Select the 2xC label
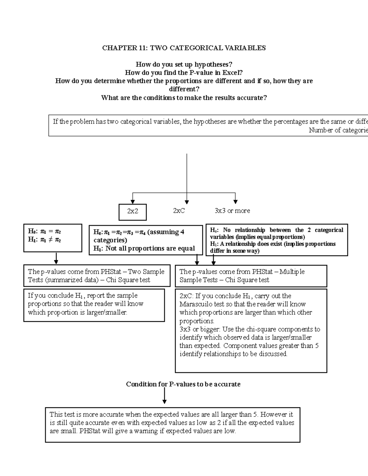coord(179,211)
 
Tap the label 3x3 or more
coord(232,211)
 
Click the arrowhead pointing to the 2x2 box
coord(132,201)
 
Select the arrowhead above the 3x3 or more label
coord(235,201)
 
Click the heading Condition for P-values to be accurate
coord(183,384)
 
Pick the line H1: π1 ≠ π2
coord(44,240)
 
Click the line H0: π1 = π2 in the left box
coord(44,231)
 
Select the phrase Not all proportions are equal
coord(150,249)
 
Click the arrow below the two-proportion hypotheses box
coord(56,259)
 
